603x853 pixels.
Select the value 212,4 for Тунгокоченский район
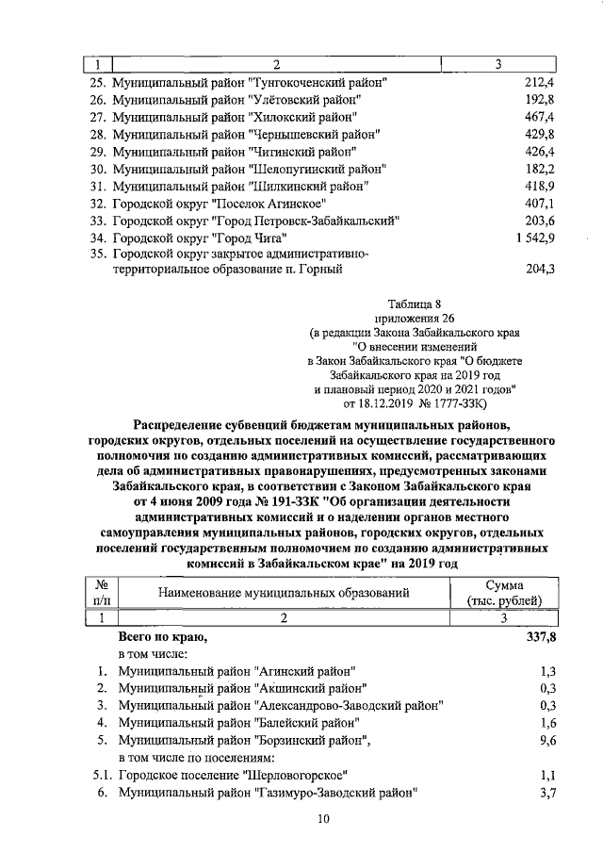(540, 83)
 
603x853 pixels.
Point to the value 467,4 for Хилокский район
(540, 117)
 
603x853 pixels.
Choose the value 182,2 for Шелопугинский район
(540, 169)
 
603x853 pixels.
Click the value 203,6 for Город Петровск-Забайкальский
(540, 220)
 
